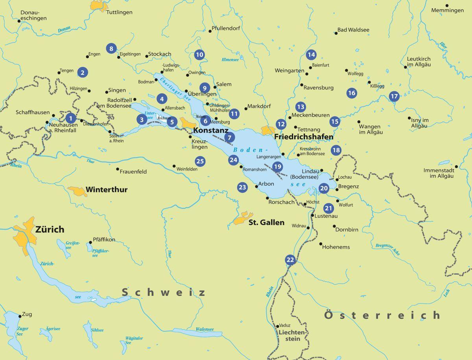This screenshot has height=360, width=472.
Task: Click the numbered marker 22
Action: tap(290, 260)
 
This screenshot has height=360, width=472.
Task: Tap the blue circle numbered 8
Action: tap(111, 49)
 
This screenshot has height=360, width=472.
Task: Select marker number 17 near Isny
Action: tap(394, 96)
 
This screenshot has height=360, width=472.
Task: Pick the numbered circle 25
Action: tap(200, 161)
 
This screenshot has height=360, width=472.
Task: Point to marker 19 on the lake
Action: tap(278, 166)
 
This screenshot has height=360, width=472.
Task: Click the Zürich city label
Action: tap(50, 229)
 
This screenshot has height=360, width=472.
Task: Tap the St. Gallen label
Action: tap(266, 223)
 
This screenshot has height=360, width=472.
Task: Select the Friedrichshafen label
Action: tap(304, 137)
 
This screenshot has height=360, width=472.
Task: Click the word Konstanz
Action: tap(211, 129)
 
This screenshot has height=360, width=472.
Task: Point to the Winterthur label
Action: tap(107, 190)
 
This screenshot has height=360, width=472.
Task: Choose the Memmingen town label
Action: tap(447, 10)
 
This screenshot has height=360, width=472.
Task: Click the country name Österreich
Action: tap(382, 315)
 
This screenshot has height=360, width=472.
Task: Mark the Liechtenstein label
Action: tap(291, 335)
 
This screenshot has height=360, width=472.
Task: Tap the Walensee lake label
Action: tap(205, 329)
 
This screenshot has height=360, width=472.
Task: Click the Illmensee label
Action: tap(230, 60)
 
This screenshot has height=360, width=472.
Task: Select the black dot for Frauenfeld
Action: tap(118, 169)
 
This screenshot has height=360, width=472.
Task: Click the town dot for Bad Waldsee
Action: tap(336, 33)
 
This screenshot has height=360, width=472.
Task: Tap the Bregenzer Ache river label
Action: tap(387, 250)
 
